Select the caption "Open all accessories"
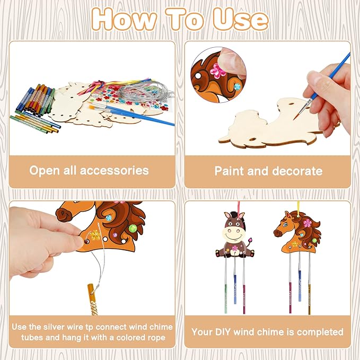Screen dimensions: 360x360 coord(89,171)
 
